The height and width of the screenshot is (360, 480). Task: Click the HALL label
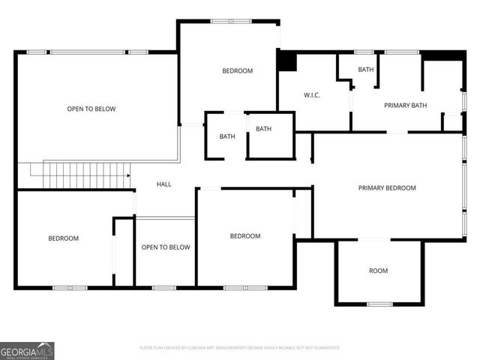coord(163,184)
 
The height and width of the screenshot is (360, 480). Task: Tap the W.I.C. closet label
coord(312,95)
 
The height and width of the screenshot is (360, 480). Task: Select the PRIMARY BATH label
coord(405,106)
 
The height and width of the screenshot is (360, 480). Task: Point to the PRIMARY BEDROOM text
coord(386,188)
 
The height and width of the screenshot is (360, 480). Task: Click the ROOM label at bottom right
coord(378,271)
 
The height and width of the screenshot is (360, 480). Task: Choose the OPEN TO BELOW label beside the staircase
coord(91,109)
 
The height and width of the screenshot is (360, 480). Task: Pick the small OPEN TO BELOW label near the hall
coord(166,247)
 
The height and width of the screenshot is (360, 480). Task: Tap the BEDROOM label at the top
coord(237,71)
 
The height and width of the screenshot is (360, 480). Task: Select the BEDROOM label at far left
coord(64,238)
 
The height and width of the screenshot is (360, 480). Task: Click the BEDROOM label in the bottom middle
coord(244,236)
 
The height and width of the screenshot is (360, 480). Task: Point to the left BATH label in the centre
coord(226,136)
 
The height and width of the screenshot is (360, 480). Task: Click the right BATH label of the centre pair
coord(263,129)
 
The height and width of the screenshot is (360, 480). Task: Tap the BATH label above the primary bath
coord(365,70)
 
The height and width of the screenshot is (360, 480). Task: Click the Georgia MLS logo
coord(27,350)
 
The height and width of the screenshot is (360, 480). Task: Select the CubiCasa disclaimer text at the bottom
coord(240,348)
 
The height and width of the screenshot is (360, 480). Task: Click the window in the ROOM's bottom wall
coord(379,304)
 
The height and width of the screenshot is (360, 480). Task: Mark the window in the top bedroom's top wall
coord(230,21)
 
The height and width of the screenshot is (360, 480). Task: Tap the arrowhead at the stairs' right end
coord(128,175)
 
